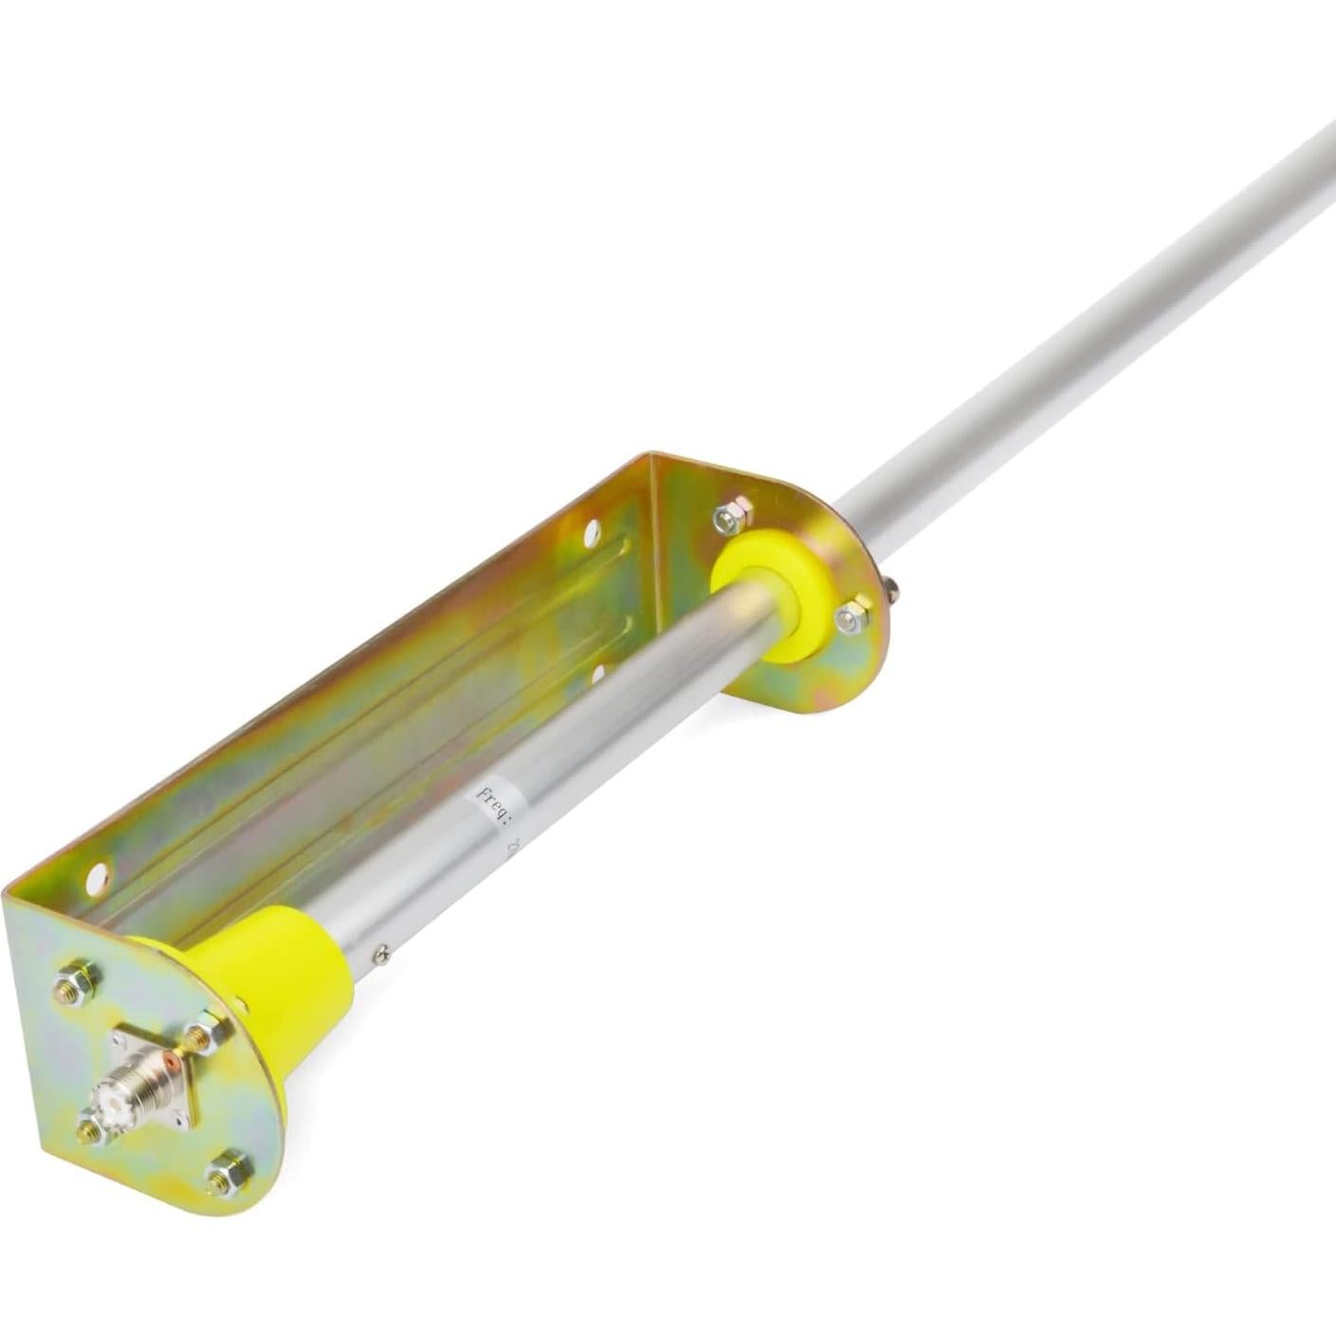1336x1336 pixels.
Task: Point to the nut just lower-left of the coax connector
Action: click(x=92, y=1130)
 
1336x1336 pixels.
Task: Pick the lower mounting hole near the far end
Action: click(x=597, y=674)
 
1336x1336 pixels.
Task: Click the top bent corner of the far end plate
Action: click(x=654, y=460)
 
